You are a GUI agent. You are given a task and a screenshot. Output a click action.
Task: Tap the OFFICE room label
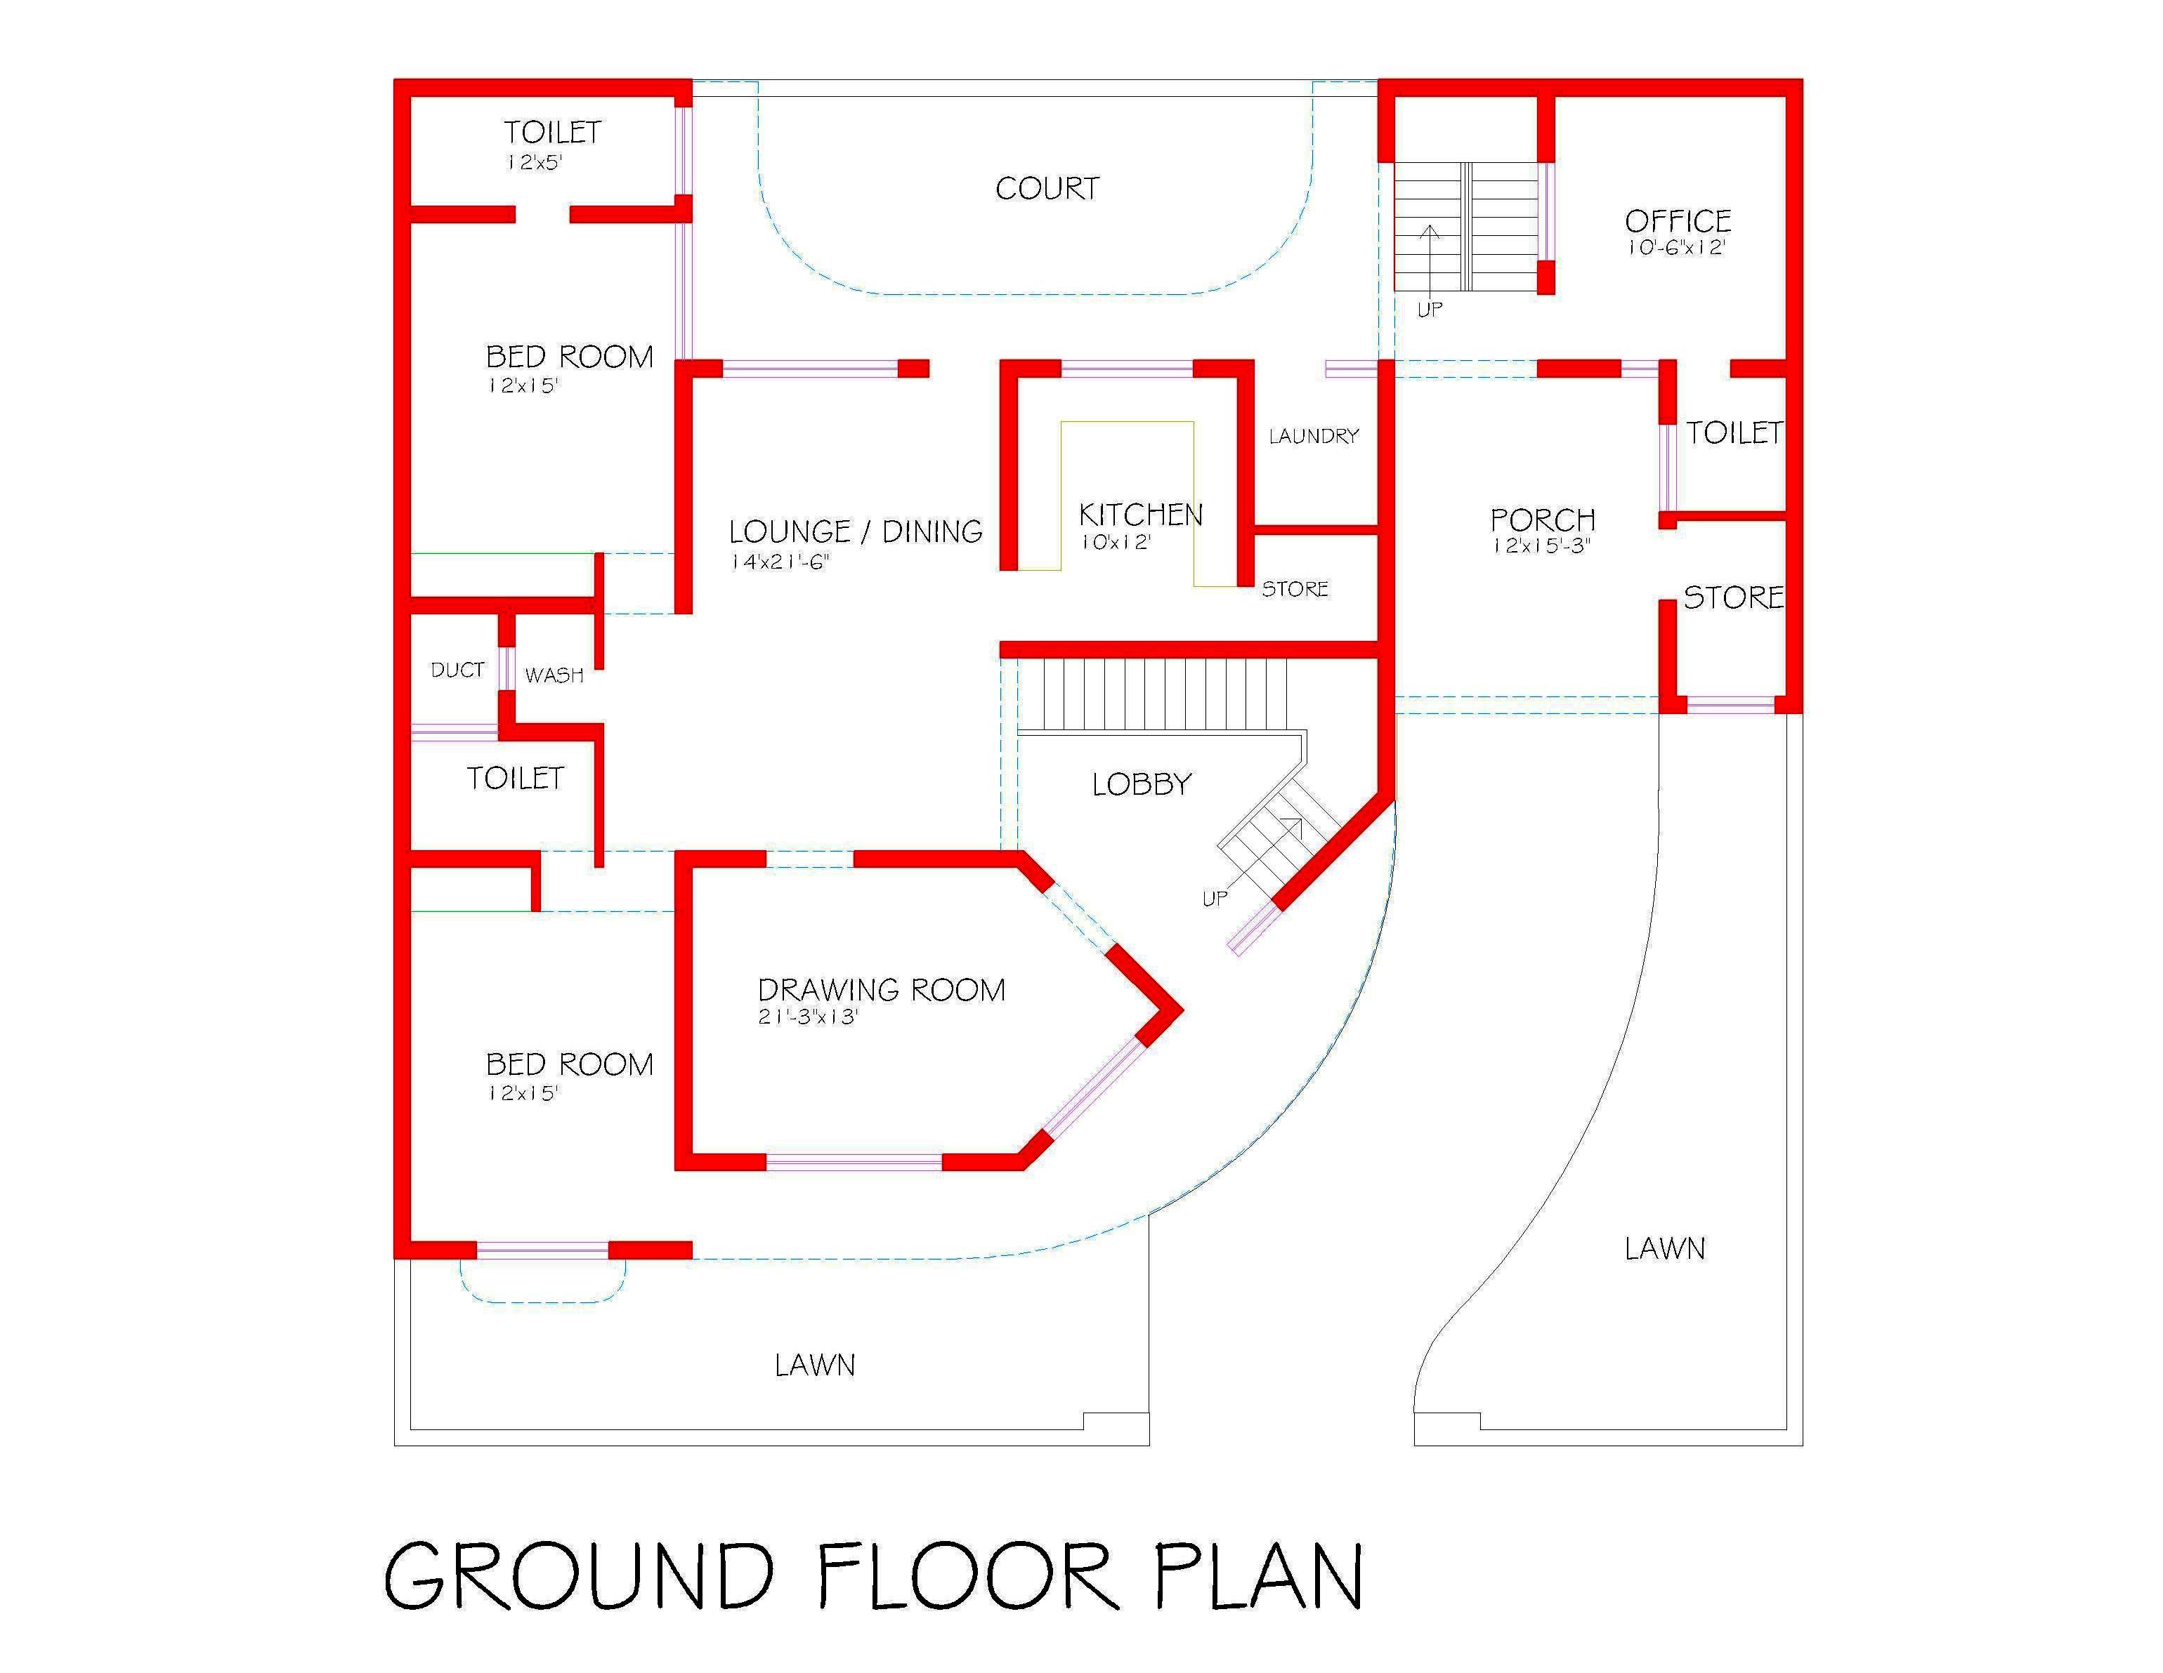click(1678, 220)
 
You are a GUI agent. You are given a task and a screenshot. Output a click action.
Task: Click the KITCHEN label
click(1140, 514)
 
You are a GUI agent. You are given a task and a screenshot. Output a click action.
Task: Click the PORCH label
click(1542, 519)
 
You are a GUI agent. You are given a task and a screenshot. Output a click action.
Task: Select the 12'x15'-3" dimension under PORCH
click(1541, 545)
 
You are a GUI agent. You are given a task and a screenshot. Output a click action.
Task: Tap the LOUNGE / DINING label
click(856, 531)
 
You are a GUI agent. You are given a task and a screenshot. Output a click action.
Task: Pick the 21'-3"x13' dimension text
click(808, 1017)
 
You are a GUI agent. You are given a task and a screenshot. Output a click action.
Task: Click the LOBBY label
click(1141, 784)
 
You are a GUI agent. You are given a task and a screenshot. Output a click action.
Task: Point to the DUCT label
click(457, 670)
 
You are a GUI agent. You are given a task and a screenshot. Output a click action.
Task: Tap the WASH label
click(554, 675)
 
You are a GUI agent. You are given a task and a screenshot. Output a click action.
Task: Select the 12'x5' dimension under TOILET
click(534, 161)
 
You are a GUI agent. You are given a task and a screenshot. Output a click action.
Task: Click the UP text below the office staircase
click(1429, 310)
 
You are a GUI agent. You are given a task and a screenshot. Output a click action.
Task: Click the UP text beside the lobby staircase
click(1215, 898)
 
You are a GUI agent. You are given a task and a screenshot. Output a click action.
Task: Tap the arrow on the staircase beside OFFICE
click(1429, 258)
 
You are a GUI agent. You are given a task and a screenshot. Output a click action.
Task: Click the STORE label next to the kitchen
click(1295, 589)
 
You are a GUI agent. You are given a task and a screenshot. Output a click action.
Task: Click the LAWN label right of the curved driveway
click(1665, 1248)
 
